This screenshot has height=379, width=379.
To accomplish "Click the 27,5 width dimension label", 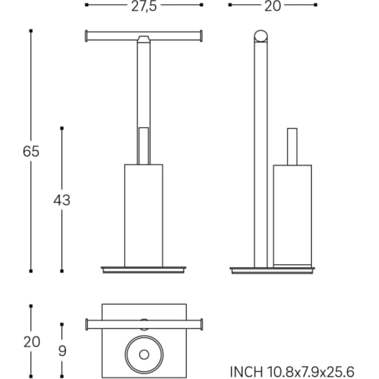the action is [x=144, y=7].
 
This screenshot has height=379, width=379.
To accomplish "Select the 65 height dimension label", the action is [x=31, y=152].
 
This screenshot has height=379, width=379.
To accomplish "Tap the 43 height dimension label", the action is [x=62, y=200].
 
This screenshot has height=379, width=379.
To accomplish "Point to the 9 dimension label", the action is [x=62, y=351].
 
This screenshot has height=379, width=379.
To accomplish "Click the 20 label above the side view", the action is [x=273, y=6].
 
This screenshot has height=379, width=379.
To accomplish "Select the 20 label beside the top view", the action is [x=31, y=342].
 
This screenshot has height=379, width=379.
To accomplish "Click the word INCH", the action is [x=246, y=372].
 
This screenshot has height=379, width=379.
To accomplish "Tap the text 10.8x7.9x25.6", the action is [x=310, y=372].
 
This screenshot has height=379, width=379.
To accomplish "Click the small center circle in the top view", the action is [x=144, y=355].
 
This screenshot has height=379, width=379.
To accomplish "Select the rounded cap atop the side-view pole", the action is [x=261, y=36].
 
